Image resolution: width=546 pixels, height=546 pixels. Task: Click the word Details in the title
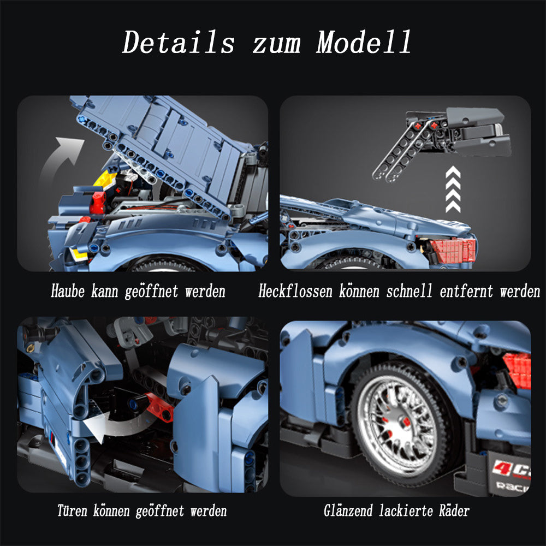[179, 42]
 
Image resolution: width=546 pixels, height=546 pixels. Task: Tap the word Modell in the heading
[364, 42]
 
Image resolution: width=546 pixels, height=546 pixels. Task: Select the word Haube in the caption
[68, 291]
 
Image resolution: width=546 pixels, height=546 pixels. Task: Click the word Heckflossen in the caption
[295, 291]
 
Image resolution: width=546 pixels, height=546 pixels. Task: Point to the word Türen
[72, 511]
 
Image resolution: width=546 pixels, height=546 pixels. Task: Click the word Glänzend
[348, 511]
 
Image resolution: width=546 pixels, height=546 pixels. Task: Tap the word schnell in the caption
[409, 291]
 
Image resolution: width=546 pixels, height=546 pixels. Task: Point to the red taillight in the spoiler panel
[453, 250]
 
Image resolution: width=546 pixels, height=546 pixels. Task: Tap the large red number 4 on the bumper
[500, 467]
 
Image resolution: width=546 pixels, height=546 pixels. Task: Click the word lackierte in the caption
[406, 511]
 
